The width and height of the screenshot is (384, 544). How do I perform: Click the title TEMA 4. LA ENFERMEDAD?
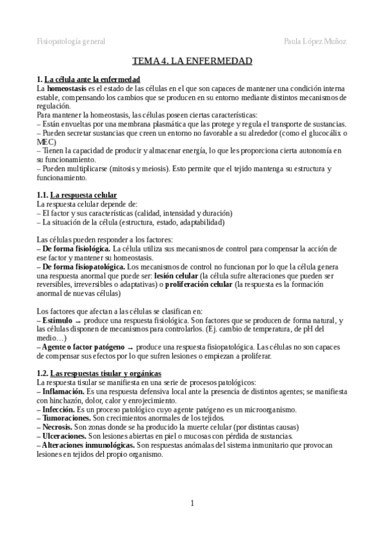point(192,62)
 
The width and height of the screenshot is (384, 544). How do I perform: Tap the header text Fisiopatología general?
point(71,41)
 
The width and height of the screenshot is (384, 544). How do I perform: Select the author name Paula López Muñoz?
point(315,41)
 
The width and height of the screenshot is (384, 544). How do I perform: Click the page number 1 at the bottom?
point(192,502)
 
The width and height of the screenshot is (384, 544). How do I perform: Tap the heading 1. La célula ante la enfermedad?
point(88,78)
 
